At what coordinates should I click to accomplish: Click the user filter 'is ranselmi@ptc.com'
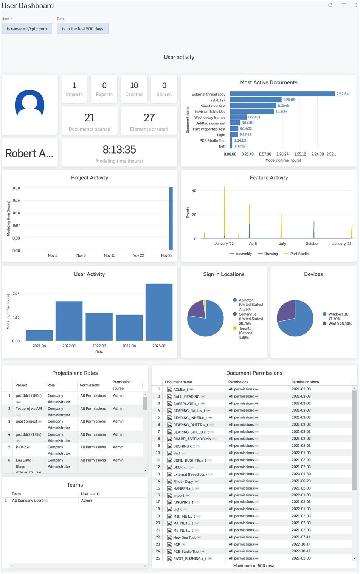pos(26,29)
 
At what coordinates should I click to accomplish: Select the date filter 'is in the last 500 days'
pos(82,29)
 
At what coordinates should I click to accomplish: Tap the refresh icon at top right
pos(330,5)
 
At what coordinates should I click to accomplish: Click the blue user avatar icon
pos(29,103)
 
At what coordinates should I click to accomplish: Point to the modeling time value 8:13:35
pos(119,150)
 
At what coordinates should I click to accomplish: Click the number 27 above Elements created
pos(149,118)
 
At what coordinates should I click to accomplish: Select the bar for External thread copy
pos(282,94)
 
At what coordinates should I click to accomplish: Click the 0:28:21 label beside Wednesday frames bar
pos(254,117)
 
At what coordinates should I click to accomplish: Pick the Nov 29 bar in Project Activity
pos(171,218)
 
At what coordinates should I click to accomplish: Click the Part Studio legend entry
pos(299,254)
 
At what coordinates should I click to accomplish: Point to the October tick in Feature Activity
pos(312,244)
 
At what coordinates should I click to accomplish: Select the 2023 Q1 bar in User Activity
pos(159,312)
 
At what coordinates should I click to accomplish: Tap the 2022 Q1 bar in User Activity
pos(69,321)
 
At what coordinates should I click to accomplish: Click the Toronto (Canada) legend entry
pos(245,330)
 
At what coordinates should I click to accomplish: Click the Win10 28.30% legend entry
pos(340,324)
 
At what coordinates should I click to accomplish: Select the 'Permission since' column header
pos(305,382)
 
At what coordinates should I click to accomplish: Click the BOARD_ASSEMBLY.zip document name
pos(192,439)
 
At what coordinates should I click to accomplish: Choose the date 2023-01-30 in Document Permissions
pos(301,474)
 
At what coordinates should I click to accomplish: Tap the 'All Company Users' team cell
pos(28,501)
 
